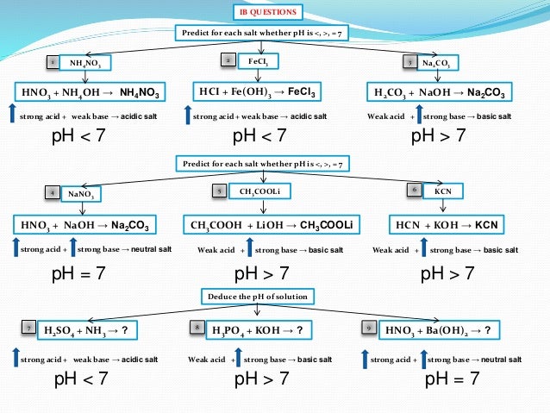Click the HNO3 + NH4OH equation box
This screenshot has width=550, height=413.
tap(90, 91)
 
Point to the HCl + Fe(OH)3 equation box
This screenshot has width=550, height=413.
tap(257, 91)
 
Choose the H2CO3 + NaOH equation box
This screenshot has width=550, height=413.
tap(441, 91)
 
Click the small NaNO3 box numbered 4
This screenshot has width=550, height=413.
tap(84, 193)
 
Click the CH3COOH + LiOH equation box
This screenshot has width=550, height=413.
tap(274, 225)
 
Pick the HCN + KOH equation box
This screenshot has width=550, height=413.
tap(447, 225)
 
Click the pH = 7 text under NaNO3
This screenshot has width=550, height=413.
tap(78, 274)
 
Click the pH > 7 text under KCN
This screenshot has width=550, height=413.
tap(447, 274)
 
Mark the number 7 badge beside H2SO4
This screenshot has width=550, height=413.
tap(28, 329)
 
